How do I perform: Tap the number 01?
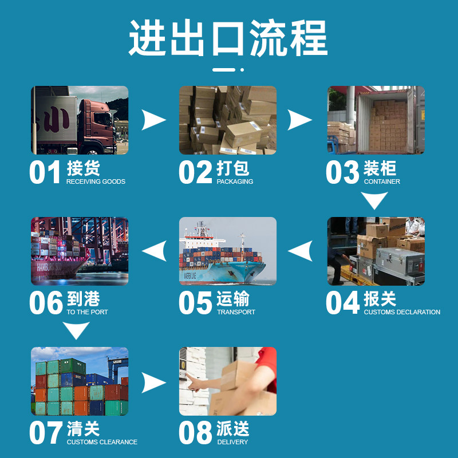point(45,172)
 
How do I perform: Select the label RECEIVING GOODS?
point(96,181)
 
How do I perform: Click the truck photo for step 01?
point(80,120)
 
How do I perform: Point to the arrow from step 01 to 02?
point(153,120)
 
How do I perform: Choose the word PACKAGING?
point(235,181)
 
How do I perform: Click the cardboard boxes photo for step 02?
point(228,120)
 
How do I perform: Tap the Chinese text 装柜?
point(380,168)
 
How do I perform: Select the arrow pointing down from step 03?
point(375,200)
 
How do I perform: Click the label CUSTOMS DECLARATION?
point(402,312)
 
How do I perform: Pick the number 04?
point(342,303)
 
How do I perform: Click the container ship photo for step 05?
point(228,251)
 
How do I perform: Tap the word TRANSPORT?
point(236,312)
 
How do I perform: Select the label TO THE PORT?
point(87,312)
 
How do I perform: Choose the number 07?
point(46,433)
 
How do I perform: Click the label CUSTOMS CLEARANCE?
point(102,442)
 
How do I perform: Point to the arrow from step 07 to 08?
point(153,382)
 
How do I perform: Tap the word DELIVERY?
point(232,442)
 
